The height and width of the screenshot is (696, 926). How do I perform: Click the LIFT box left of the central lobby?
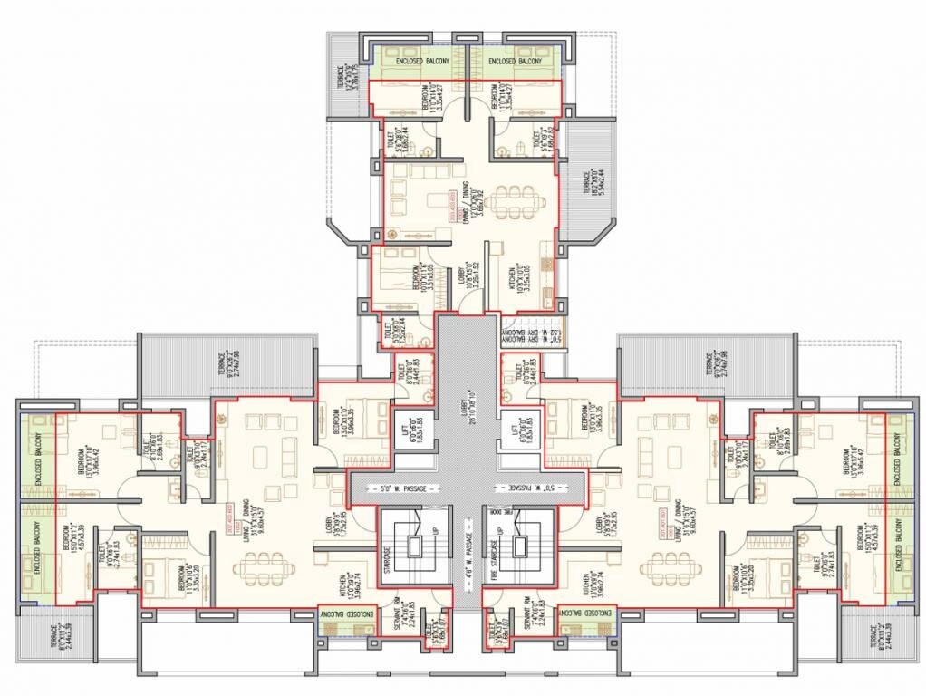[x=405, y=426]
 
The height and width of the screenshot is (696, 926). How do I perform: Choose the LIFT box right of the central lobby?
[x=522, y=426]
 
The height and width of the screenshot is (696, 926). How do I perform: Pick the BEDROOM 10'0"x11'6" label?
[x=418, y=281]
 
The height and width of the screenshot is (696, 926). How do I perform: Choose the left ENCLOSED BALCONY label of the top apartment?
[x=415, y=62]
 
